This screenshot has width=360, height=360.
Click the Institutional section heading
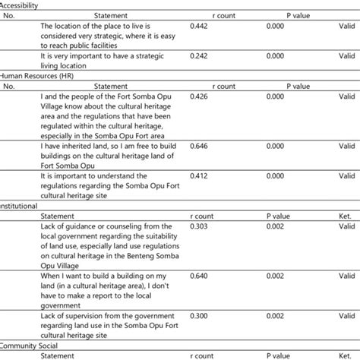[21, 205]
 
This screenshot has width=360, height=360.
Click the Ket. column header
[346, 215]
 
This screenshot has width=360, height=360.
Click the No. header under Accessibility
[9, 15]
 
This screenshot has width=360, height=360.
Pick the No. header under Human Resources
[9, 86]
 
